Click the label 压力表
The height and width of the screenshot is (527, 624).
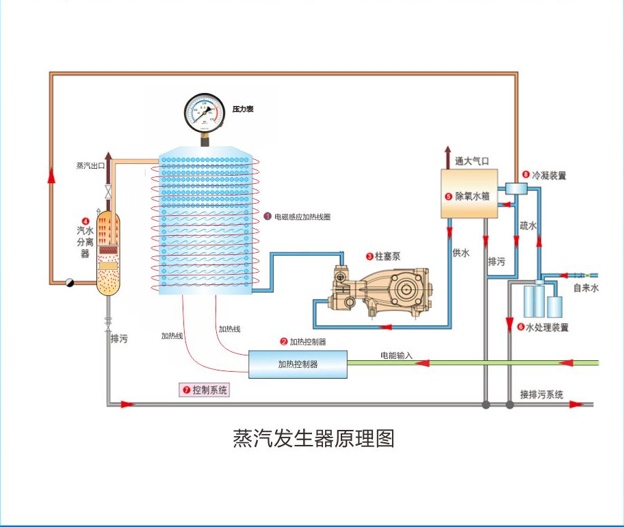(x=243, y=109)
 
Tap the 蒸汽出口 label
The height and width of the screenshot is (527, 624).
(x=90, y=166)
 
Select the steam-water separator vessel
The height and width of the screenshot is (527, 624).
(x=108, y=253)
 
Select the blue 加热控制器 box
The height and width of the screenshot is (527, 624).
(x=298, y=364)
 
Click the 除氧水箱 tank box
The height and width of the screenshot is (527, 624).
(x=468, y=194)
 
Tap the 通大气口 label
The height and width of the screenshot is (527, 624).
(x=473, y=162)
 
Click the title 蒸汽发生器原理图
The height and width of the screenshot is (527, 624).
(x=314, y=438)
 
